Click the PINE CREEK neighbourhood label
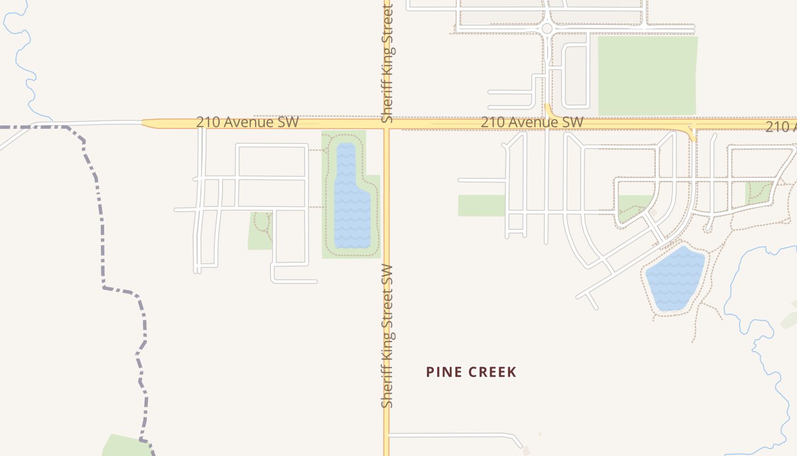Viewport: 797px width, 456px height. click(471, 372)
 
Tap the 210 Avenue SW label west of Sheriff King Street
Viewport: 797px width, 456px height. click(247, 122)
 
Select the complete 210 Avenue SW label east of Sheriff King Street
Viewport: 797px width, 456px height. click(532, 122)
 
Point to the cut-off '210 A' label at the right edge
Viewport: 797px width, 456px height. click(780, 127)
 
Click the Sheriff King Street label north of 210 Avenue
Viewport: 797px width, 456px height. click(388, 63)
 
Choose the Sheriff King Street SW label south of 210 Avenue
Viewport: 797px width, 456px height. click(388, 336)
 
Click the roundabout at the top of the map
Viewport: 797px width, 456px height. click(547, 28)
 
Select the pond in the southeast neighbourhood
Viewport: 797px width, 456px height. click(676, 278)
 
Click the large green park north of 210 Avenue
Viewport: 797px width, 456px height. click(647, 75)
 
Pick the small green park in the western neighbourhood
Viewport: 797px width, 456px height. click(260, 231)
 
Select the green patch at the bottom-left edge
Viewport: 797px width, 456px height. click(122, 446)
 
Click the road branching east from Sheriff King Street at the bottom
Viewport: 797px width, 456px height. click(450, 435)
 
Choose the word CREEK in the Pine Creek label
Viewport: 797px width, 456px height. click(493, 372)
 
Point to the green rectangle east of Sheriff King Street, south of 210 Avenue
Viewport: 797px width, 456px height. click(482, 206)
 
